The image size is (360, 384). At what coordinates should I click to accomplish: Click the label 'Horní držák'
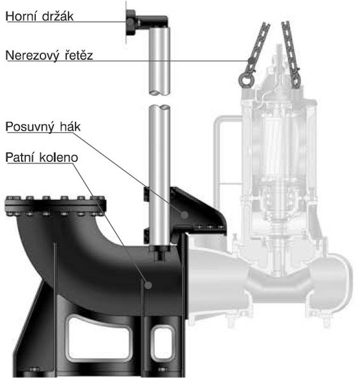point(40,16)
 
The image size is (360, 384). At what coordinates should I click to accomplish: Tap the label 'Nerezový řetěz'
point(49,55)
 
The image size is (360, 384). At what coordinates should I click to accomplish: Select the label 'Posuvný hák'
point(43,127)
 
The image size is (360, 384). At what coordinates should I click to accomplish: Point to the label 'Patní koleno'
point(42,157)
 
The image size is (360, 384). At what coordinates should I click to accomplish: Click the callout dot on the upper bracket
point(130,22)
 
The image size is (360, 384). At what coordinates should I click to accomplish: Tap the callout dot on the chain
point(251,61)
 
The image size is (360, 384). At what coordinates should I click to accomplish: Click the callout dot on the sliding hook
point(185,215)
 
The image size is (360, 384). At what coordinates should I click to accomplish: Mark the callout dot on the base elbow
point(148,285)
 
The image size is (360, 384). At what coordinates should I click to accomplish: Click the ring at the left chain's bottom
point(246,79)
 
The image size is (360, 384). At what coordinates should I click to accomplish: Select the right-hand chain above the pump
point(291,54)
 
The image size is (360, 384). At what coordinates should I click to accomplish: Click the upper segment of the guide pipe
point(160,61)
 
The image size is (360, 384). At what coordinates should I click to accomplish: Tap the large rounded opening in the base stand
point(99,339)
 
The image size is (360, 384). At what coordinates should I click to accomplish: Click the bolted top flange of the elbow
point(55,206)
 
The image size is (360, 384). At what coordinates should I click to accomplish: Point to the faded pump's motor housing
point(279,147)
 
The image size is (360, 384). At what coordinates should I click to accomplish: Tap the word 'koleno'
point(59,157)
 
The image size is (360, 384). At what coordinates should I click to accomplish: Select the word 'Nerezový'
point(33,56)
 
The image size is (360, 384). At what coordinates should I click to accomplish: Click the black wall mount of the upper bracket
point(131,23)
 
